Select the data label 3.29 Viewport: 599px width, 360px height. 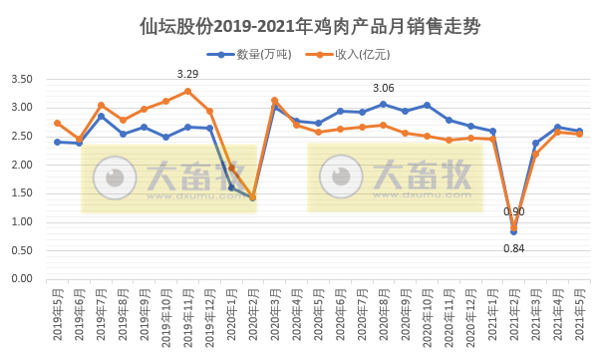coord(187,74)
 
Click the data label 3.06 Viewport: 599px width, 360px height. coord(383,88)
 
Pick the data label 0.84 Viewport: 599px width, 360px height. coord(513,247)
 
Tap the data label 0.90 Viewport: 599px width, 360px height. coord(513,211)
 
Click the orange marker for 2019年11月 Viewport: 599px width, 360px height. coord(187,91)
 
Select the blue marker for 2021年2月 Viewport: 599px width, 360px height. coord(513,231)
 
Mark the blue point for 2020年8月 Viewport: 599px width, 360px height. coord(383,104)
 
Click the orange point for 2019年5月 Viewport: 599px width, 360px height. coord(58,123)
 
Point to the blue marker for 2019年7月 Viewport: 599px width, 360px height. coord(101,116)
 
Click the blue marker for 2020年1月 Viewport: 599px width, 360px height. coord(231,187)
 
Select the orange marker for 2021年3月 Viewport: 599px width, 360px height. coord(535,154)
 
